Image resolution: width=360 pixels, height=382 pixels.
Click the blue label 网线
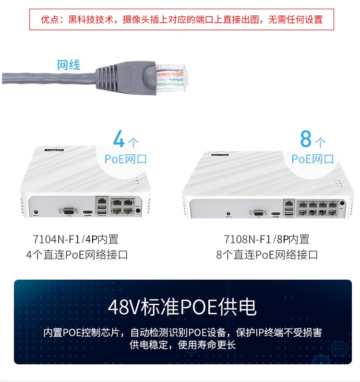click(x=68, y=65)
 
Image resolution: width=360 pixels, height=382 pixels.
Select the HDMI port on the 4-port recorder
click(x=88, y=212)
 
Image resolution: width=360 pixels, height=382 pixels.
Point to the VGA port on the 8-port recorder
click(x=259, y=213)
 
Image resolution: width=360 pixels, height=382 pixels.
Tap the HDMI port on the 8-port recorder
click(x=276, y=214)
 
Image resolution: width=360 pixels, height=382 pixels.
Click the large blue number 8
click(x=306, y=138)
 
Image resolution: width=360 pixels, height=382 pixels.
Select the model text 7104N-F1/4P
click(x=65, y=239)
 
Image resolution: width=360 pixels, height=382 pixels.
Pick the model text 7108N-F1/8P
click(x=256, y=239)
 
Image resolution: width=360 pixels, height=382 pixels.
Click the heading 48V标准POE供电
click(x=182, y=307)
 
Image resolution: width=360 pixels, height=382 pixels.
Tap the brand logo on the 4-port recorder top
click(x=54, y=150)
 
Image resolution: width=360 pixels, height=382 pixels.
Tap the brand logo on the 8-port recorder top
click(x=220, y=155)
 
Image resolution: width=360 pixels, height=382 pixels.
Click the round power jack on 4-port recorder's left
click(x=36, y=212)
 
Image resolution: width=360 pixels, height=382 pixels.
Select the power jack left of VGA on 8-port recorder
click(x=228, y=214)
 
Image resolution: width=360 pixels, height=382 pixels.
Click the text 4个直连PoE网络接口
click(x=77, y=255)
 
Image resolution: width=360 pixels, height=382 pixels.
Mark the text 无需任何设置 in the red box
click(x=295, y=20)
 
